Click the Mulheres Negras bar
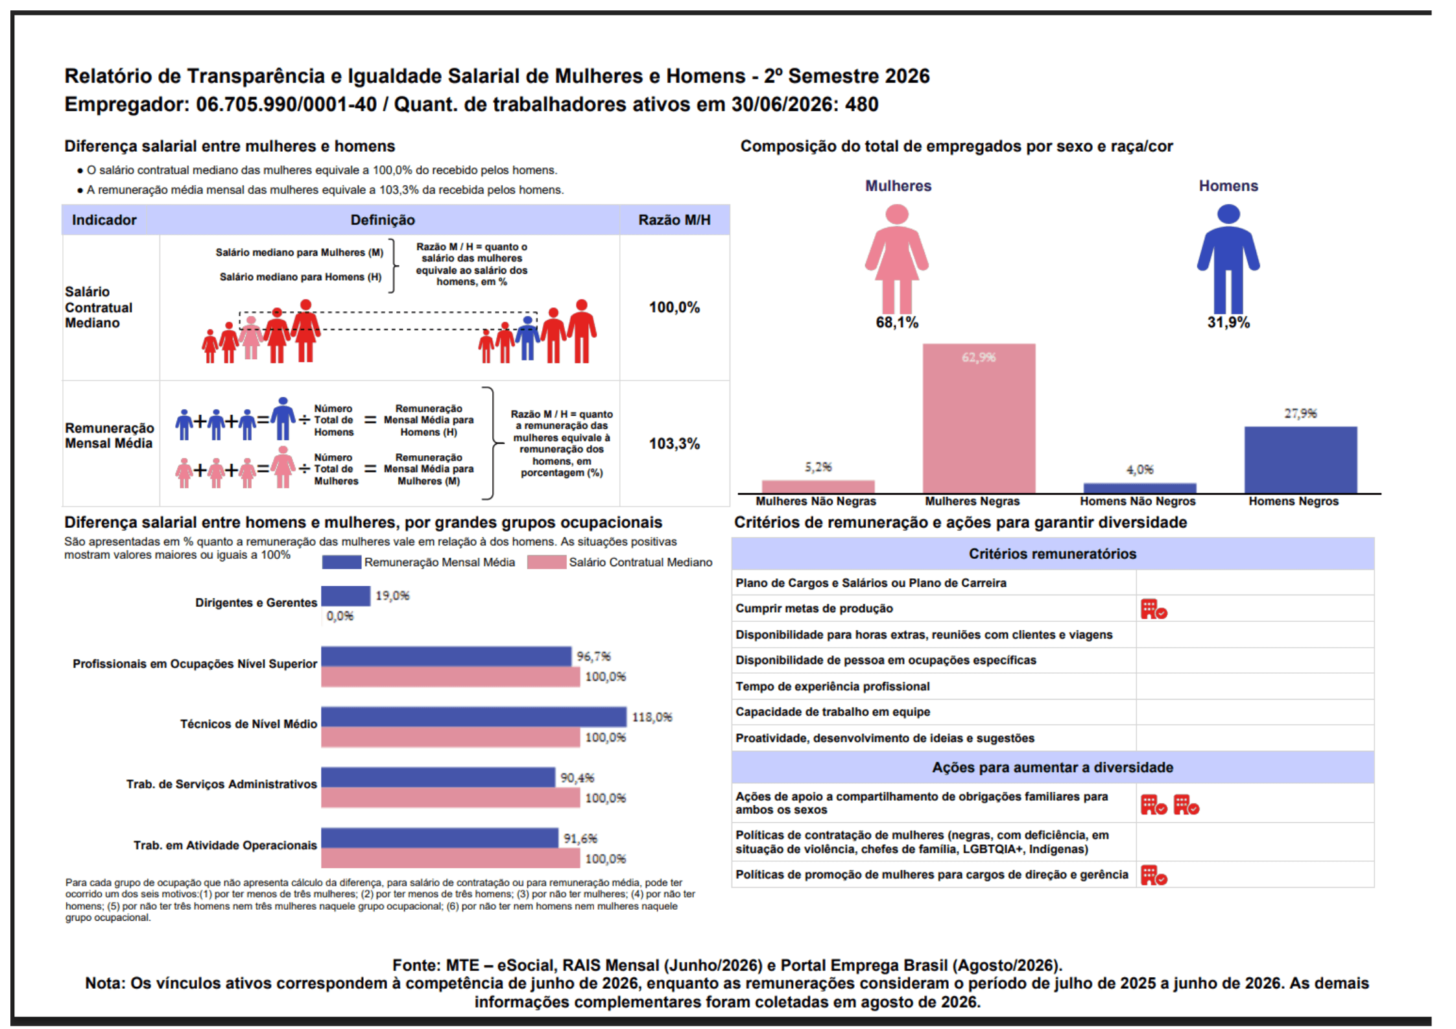[978, 418]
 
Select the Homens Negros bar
[1300, 460]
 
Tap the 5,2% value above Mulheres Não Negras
[818, 467]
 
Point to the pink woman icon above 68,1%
[896, 259]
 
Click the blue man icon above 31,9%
[1228, 259]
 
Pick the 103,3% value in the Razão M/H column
[674, 444]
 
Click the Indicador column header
[104, 220]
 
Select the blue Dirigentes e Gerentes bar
[346, 596]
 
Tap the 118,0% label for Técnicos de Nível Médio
[652, 717]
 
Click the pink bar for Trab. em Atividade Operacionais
[450, 858]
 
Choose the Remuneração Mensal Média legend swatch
[341, 562]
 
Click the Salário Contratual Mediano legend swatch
[546, 562]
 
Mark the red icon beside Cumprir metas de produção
[1154, 609]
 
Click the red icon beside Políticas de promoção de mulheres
[1154, 875]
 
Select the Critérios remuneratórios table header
[1052, 554]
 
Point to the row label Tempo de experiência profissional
[832, 686]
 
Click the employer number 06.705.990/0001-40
[286, 104]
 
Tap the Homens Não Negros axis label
[1138, 501]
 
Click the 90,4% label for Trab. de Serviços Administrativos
[577, 777]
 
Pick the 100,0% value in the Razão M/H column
[674, 307]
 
